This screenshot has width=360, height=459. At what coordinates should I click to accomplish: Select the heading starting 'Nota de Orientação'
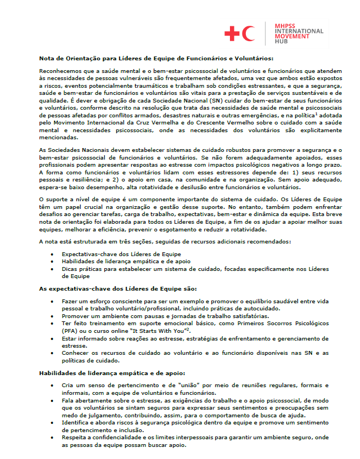point(156,58)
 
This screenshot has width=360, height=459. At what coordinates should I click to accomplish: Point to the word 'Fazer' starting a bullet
point(70,302)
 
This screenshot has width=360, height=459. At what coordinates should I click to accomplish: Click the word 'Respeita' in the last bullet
point(75,439)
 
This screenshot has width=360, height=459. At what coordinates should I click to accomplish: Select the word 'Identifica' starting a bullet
point(76,424)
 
